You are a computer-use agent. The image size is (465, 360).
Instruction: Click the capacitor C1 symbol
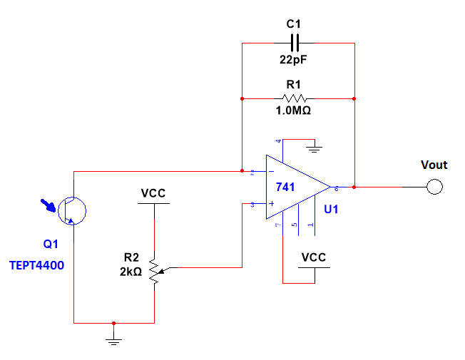click(298, 43)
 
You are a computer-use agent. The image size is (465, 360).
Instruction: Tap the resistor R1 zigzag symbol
click(298, 98)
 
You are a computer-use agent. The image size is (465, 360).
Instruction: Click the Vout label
click(434, 165)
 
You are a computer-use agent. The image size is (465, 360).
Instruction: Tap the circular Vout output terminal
click(434, 187)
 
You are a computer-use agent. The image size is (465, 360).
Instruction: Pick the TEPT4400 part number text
click(36, 265)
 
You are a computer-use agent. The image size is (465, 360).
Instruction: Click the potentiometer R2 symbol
click(155, 269)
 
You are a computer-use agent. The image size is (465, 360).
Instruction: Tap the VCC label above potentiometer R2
click(154, 192)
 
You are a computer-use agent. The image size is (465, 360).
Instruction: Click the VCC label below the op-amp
click(314, 257)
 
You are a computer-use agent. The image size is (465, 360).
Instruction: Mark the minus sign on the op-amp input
click(271, 172)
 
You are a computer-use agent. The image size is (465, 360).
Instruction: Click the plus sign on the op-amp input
click(271, 204)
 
